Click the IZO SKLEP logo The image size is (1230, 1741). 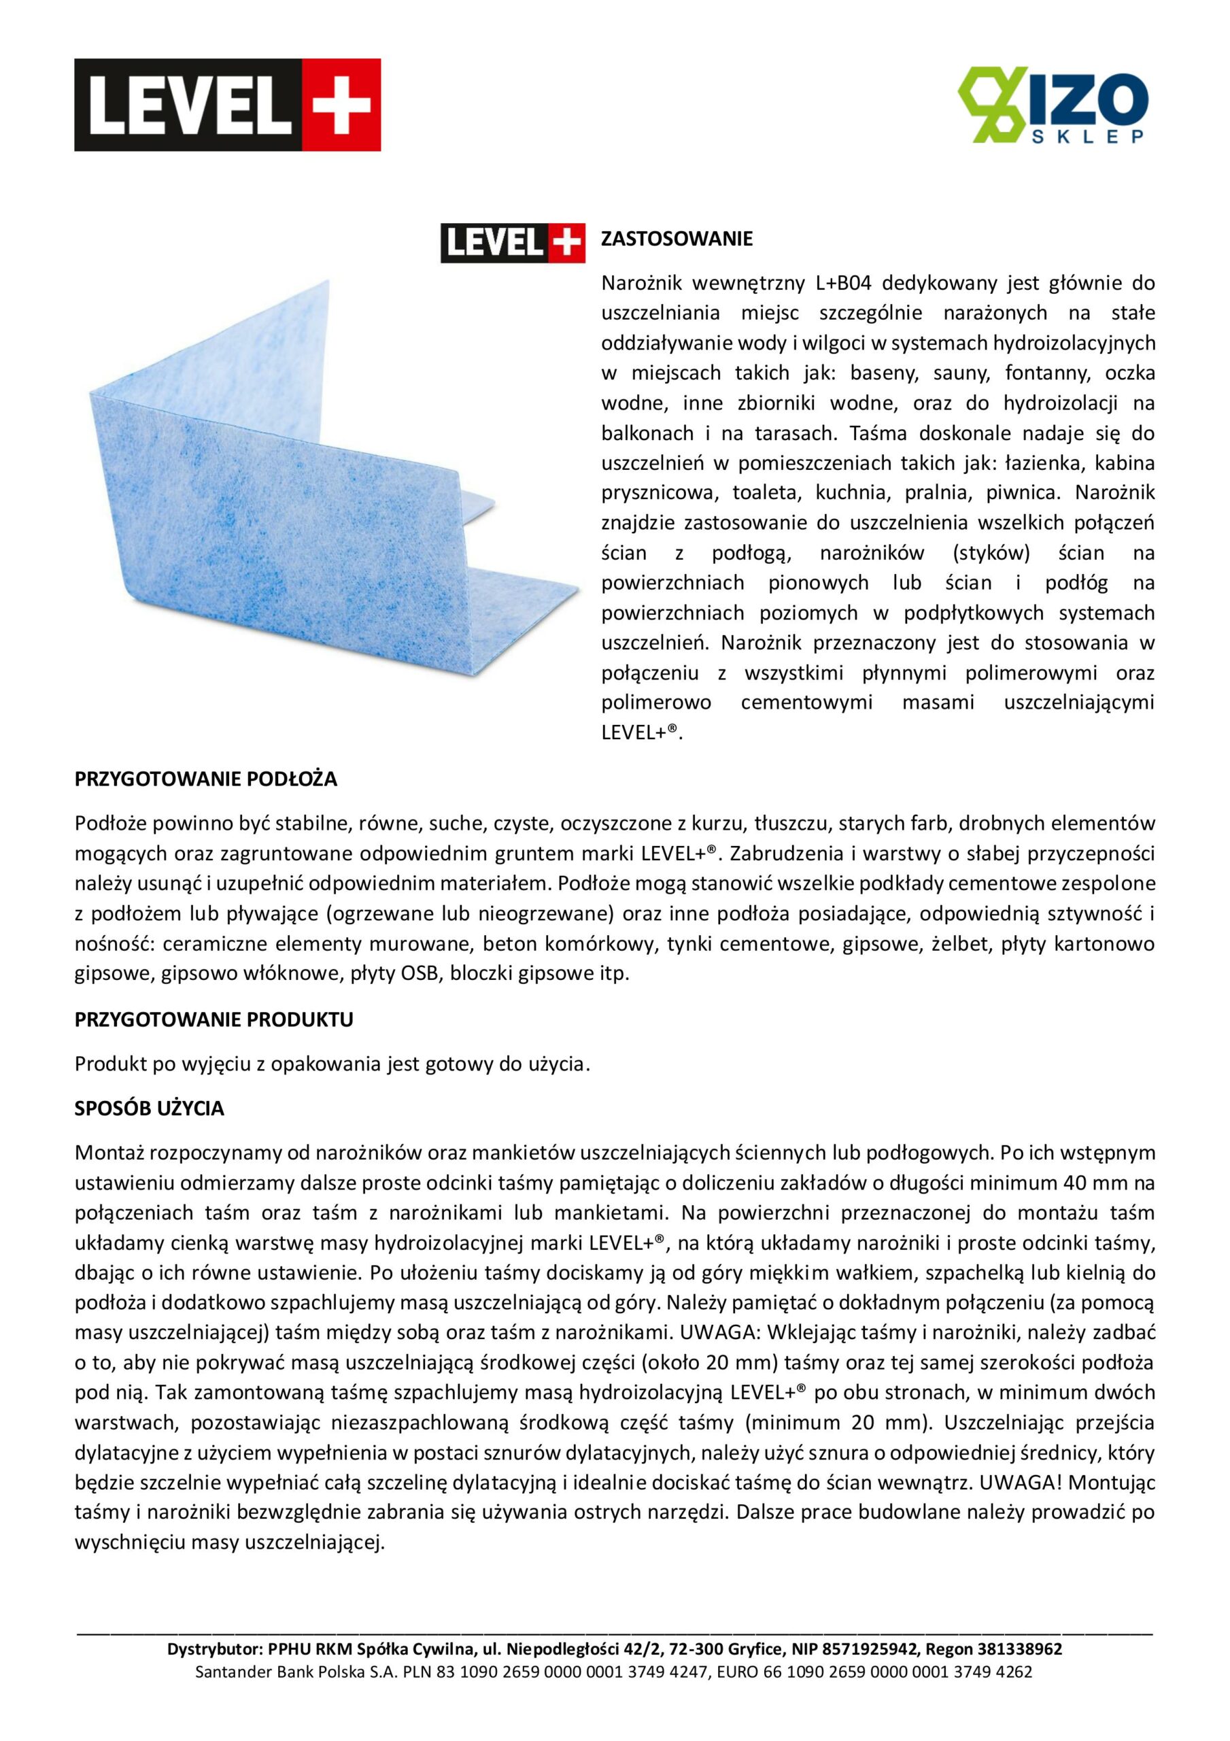(1053, 105)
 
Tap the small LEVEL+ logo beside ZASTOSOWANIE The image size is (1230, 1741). (513, 243)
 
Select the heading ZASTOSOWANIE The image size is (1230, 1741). (677, 239)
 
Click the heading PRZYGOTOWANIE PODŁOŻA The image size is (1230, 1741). (205, 779)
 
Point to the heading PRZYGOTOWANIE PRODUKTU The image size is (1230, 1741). (214, 1020)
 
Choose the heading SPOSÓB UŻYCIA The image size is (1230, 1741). (150, 1109)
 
